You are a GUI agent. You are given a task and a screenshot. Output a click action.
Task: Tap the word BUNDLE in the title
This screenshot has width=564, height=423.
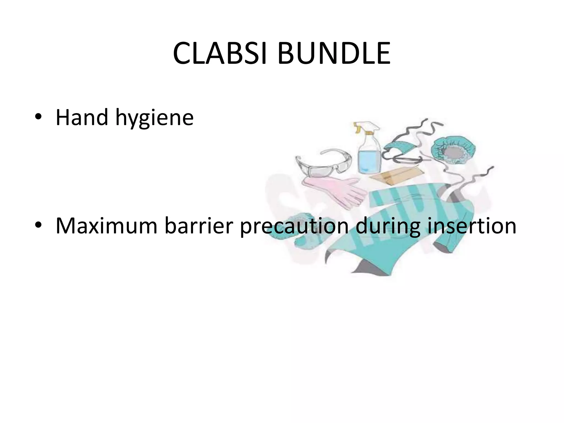pos(334,54)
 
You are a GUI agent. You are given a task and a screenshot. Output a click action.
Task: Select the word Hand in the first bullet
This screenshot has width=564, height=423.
pos(82,118)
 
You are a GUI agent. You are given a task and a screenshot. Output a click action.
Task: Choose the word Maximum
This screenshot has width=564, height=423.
pos(106,226)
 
